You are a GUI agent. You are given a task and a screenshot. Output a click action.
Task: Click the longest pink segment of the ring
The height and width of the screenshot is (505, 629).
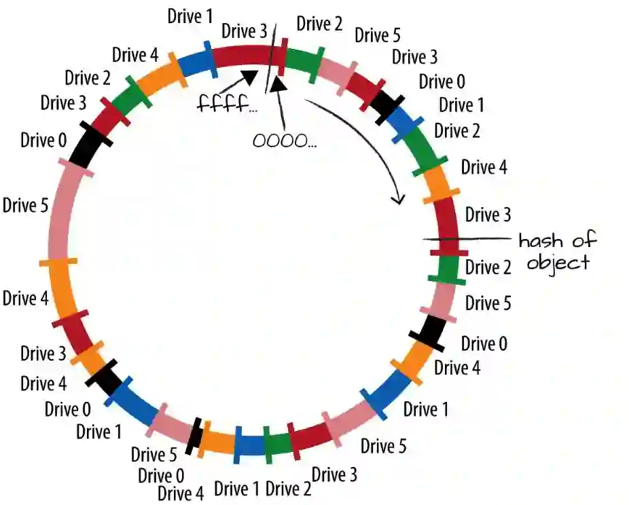[54, 210]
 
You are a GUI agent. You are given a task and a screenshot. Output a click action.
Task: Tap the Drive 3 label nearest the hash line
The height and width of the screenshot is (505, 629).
[488, 215]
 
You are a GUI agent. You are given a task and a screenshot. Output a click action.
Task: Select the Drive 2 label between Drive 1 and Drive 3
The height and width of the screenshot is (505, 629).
[288, 488]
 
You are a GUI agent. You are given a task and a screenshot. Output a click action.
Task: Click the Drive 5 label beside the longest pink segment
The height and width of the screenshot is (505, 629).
[25, 204]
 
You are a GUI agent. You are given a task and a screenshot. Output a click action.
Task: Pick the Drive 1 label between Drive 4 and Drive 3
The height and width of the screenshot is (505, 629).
[190, 16]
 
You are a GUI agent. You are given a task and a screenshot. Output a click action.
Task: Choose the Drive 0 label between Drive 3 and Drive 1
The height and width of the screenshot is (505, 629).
[442, 82]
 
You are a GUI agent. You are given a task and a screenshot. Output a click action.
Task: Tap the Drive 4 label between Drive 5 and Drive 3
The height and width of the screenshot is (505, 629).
[26, 298]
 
